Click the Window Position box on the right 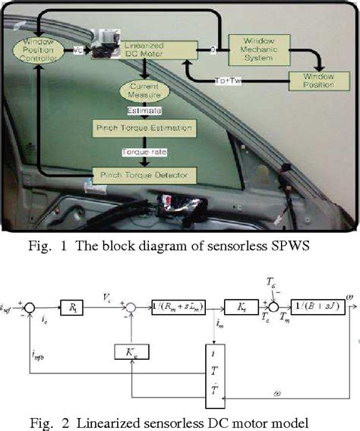point(317,79)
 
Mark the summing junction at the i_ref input point(30,310)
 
